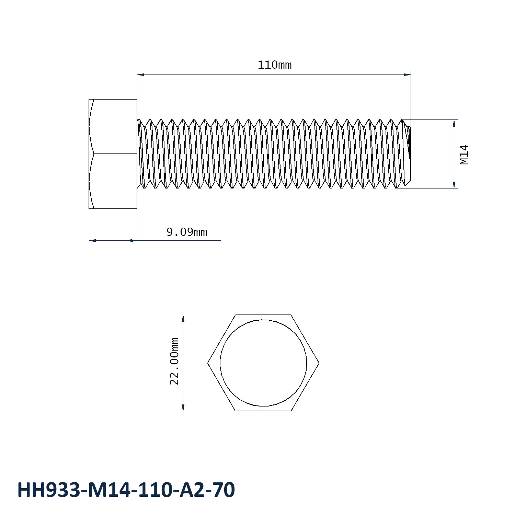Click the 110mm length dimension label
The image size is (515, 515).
click(x=274, y=65)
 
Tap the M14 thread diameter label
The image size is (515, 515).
click(x=464, y=154)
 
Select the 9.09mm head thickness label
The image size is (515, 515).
click(x=187, y=232)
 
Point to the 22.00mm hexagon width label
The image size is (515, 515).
click(x=174, y=361)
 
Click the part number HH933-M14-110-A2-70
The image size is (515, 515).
click(x=126, y=490)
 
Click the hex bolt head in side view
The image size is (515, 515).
click(x=113, y=154)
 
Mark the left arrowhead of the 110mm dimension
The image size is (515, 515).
click(x=140, y=74)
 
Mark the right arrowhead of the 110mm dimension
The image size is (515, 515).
click(x=408, y=74)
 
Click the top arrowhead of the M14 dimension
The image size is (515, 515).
click(x=454, y=123)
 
